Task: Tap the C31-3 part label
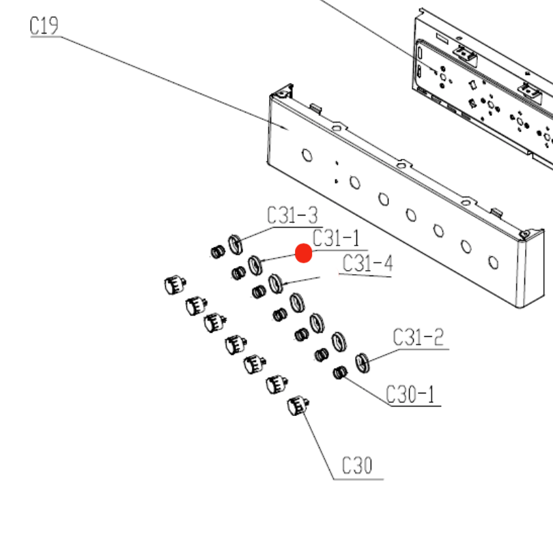point(292,216)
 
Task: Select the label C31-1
point(336,239)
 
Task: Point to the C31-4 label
point(367,263)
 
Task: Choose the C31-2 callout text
point(418,338)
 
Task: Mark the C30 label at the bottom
point(356,467)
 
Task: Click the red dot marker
point(304,254)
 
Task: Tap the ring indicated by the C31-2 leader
point(362,361)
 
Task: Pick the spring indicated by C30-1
point(340,372)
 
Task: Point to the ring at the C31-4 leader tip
point(276,282)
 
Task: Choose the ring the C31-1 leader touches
point(255,263)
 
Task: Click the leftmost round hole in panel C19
point(307,155)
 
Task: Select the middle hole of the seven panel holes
point(410,215)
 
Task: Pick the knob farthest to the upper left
point(175,284)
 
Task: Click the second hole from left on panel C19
point(354,182)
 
